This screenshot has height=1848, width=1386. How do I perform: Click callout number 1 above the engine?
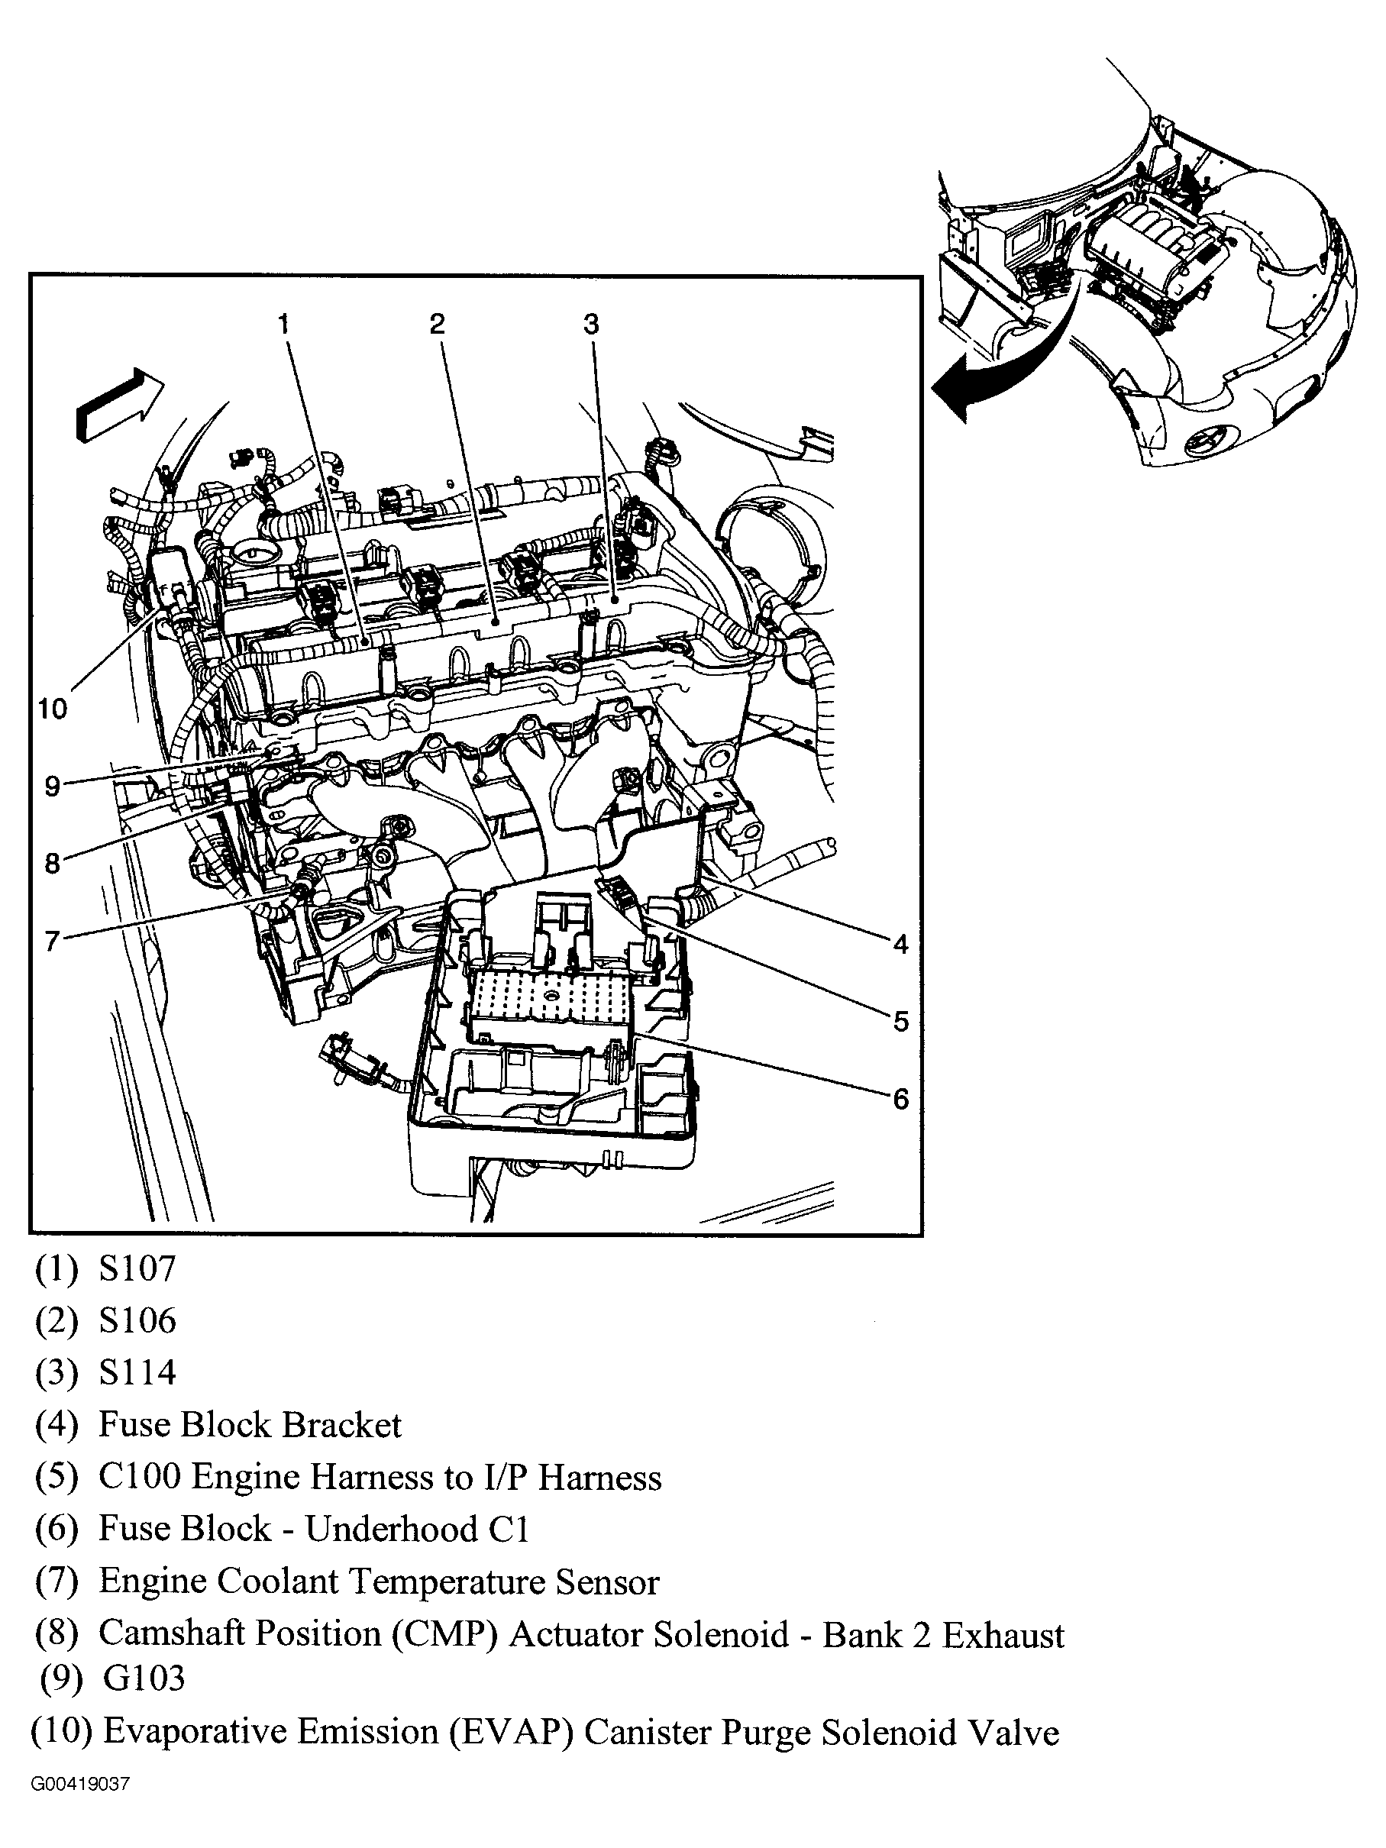tap(284, 324)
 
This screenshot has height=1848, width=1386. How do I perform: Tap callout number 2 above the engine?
tap(437, 324)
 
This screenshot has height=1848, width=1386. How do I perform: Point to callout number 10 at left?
tap(52, 709)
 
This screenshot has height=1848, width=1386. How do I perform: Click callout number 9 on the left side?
tap(52, 786)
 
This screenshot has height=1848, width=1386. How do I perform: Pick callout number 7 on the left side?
tap(52, 942)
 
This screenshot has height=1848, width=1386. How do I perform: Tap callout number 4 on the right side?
tap(900, 944)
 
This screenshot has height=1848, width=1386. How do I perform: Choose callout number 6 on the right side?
tap(900, 1099)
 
